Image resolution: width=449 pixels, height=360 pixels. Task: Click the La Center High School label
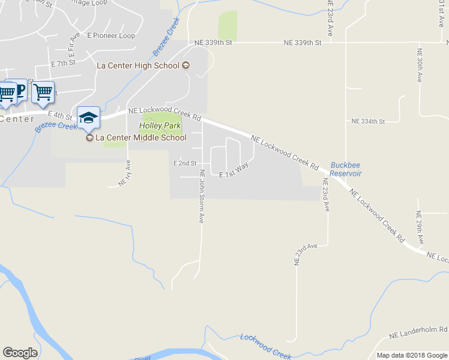(x=139, y=65)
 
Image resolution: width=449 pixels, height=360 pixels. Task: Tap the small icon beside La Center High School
(x=186, y=65)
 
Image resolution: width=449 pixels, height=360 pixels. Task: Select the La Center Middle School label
(x=141, y=137)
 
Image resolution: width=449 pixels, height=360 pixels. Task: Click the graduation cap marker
(x=88, y=118)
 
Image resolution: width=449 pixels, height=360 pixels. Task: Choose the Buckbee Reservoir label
(x=346, y=169)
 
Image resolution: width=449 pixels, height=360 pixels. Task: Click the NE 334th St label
(x=367, y=121)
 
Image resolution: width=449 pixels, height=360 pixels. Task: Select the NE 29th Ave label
(x=420, y=228)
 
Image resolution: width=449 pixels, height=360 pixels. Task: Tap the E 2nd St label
(x=184, y=163)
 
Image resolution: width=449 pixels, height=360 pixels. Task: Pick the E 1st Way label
(x=234, y=170)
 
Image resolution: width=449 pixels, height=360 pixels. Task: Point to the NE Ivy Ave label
(x=125, y=174)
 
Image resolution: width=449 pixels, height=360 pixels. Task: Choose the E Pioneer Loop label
(x=111, y=35)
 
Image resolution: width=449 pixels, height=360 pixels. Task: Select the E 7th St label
(x=63, y=63)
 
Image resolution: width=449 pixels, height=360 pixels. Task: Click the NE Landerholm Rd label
(x=418, y=330)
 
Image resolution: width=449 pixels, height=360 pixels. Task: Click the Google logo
(x=20, y=353)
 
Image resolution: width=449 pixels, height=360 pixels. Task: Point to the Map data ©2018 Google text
(x=412, y=355)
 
